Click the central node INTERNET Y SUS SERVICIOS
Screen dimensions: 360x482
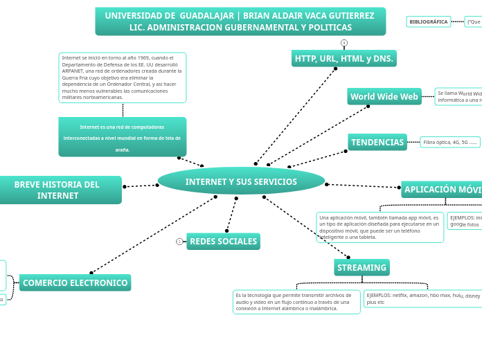pyautogui.click(x=241, y=181)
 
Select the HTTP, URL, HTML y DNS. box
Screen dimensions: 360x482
pyautogui.click(x=344, y=59)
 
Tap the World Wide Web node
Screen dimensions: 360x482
pyautogui.click(x=384, y=97)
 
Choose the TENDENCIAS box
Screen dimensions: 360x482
pyautogui.click(x=377, y=143)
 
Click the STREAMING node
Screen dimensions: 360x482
pyautogui.click(x=361, y=267)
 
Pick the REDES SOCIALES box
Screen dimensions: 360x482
pyautogui.click(x=223, y=242)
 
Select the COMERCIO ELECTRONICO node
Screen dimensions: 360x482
pyautogui.click(x=75, y=282)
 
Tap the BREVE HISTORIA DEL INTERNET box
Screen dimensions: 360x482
pyautogui.click(x=57, y=190)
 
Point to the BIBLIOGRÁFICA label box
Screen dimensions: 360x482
pyautogui.click(x=428, y=21)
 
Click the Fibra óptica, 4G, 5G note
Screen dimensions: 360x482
pyautogui.click(x=450, y=142)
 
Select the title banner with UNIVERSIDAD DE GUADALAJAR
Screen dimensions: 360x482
pyautogui.click(x=240, y=21)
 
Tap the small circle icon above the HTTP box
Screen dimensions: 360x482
pyautogui.click(x=344, y=43)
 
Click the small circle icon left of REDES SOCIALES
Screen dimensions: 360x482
pyautogui.click(x=179, y=242)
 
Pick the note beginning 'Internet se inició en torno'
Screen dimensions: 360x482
pyautogui.click(x=123, y=78)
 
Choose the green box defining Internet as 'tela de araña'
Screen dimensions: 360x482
pyautogui.click(x=122, y=137)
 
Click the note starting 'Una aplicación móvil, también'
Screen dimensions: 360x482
pyautogui.click(x=380, y=227)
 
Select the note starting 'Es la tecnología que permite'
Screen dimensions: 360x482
pyautogui.click(x=296, y=302)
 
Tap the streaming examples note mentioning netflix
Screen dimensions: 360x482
pyautogui.click(x=422, y=298)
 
